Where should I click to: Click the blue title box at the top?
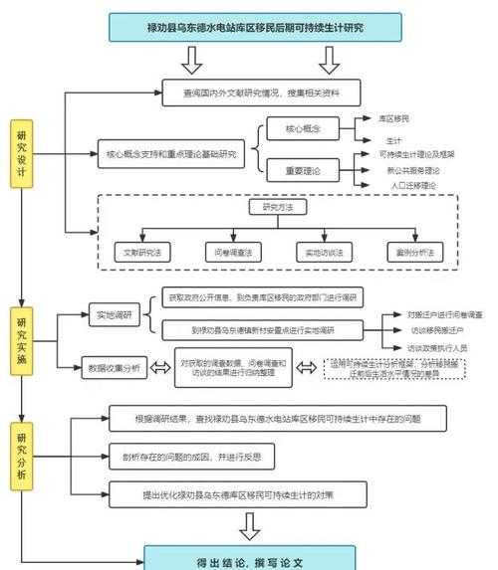click(248, 26)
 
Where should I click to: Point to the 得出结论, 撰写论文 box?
click(250, 558)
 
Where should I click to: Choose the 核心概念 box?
click(302, 129)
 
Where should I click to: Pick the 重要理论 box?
click(302, 169)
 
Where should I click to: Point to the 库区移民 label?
click(394, 117)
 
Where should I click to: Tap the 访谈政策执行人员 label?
click(436, 348)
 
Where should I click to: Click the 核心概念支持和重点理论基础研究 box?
click(172, 154)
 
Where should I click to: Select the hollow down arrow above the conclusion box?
click(250, 525)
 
